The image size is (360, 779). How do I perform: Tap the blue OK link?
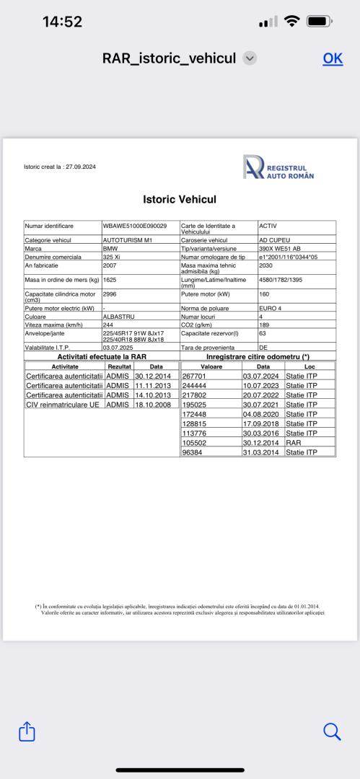coord(333,58)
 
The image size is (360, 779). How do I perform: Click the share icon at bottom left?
coord(27,731)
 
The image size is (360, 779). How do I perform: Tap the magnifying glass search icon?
coord(332,731)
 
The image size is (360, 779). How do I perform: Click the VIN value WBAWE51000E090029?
coord(135,226)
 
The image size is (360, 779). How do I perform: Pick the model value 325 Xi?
coord(113,256)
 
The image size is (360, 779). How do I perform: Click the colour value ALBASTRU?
coord(120,315)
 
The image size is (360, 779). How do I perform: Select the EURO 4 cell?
coord(271,307)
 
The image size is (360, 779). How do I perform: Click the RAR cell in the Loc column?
coord(293,443)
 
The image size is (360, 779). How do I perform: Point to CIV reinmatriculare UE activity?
coord(63,405)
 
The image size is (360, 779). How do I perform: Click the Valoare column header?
coord(211,366)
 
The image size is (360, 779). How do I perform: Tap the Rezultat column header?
coord(119,366)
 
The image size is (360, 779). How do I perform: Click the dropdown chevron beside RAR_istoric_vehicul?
coord(250,58)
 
